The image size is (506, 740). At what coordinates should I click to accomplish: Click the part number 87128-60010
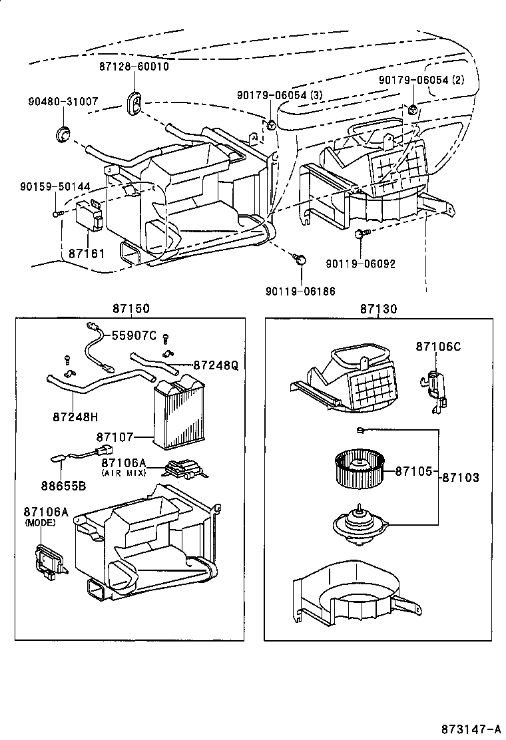pos(134,67)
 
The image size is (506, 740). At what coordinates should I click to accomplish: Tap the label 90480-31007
pos(63,102)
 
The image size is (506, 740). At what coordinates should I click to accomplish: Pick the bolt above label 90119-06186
pos(300,259)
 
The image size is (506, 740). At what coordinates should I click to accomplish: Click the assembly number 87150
pos(130,308)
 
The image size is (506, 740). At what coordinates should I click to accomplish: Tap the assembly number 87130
pos(379,308)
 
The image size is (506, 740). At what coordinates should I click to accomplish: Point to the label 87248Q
pos(215,365)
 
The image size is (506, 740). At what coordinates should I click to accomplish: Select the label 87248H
pos(75,417)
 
